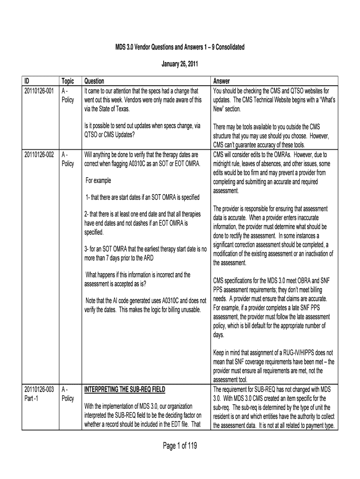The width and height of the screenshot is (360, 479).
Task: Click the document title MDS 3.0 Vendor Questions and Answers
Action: pos(180,48)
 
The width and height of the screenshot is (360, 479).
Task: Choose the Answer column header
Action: pos(223,81)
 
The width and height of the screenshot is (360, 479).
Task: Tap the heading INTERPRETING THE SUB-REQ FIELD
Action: pos(124,389)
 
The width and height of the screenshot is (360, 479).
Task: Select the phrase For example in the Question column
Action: pos(98,181)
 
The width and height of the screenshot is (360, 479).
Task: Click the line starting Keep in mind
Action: pos(273,352)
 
